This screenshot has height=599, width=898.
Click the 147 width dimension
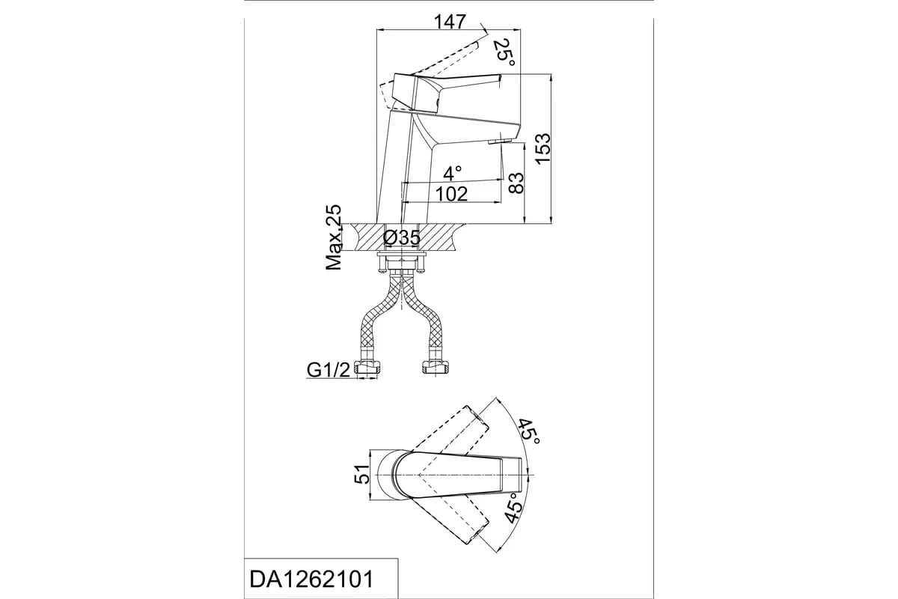click(x=450, y=22)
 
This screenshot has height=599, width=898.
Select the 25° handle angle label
click(x=504, y=53)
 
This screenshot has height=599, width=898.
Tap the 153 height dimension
click(x=543, y=148)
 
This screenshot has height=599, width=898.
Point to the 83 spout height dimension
click(x=516, y=183)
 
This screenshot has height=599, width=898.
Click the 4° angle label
click(x=453, y=173)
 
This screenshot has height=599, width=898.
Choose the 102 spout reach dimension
click(x=451, y=194)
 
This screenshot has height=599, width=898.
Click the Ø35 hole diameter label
click(x=401, y=237)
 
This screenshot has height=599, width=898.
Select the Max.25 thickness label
click(x=334, y=237)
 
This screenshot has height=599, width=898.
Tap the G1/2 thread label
click(x=329, y=370)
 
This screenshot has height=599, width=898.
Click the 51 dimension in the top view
click(x=361, y=474)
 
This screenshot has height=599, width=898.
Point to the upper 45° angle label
click(x=529, y=432)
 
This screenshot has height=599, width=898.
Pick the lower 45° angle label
click(x=514, y=508)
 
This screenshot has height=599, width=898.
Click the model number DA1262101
click(x=311, y=580)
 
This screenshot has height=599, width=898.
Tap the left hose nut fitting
click(x=367, y=368)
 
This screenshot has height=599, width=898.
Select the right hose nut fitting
click(x=436, y=368)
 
